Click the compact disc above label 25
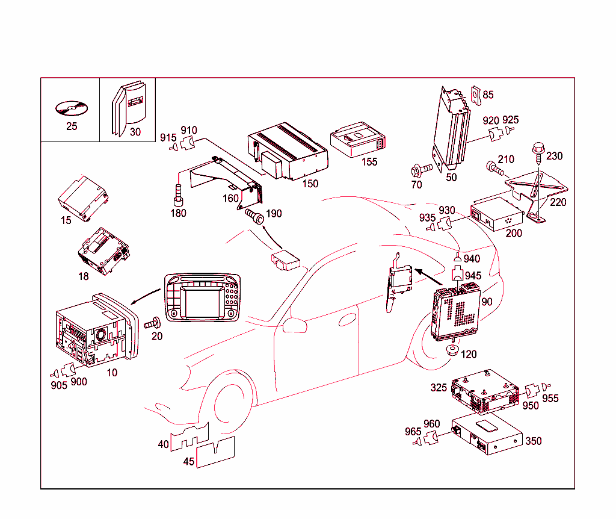(70, 109)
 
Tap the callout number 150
(310, 183)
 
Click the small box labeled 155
(358, 143)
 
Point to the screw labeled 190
(255, 215)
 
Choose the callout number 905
(58, 385)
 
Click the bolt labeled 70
(419, 170)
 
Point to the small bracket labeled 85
(475, 95)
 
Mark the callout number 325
(439, 387)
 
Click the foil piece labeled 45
(215, 453)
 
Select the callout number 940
(472, 259)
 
